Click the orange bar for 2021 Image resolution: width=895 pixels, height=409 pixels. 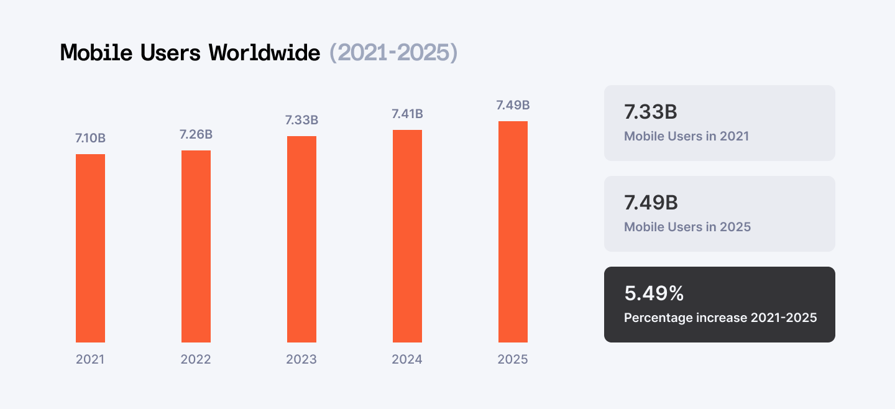pyautogui.click(x=90, y=248)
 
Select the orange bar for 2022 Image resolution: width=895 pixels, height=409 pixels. pyautogui.click(x=196, y=246)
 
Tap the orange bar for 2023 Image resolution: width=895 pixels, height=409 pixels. pyautogui.click(x=301, y=239)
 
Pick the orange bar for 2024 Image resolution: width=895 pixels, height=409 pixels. pyautogui.click(x=407, y=236)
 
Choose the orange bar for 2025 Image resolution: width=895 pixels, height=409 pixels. pyautogui.click(x=513, y=232)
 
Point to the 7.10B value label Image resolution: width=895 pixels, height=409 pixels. pyautogui.click(x=90, y=138)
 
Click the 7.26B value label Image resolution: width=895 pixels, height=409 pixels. pyautogui.click(x=196, y=134)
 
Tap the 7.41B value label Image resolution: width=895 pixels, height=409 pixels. pyautogui.click(x=407, y=114)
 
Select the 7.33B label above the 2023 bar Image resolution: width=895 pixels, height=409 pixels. pyautogui.click(x=301, y=120)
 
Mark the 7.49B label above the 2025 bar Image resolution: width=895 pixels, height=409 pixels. pyautogui.click(x=513, y=105)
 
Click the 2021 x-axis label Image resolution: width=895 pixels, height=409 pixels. pyautogui.click(x=90, y=359)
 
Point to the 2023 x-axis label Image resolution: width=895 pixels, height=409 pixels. pyautogui.click(x=301, y=359)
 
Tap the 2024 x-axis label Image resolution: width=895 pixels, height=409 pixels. pyautogui.click(x=407, y=359)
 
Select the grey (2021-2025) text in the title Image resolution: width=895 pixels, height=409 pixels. pyautogui.click(x=393, y=53)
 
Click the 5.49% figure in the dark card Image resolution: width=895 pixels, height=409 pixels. pyautogui.click(x=654, y=293)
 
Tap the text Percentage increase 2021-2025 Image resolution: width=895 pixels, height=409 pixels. pyautogui.click(x=720, y=318)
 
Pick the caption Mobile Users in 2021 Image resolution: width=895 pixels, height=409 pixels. pyautogui.click(x=686, y=136)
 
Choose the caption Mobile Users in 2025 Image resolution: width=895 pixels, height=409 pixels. pyautogui.click(x=687, y=227)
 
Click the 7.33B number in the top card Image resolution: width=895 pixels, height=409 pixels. pyautogui.click(x=650, y=113)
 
